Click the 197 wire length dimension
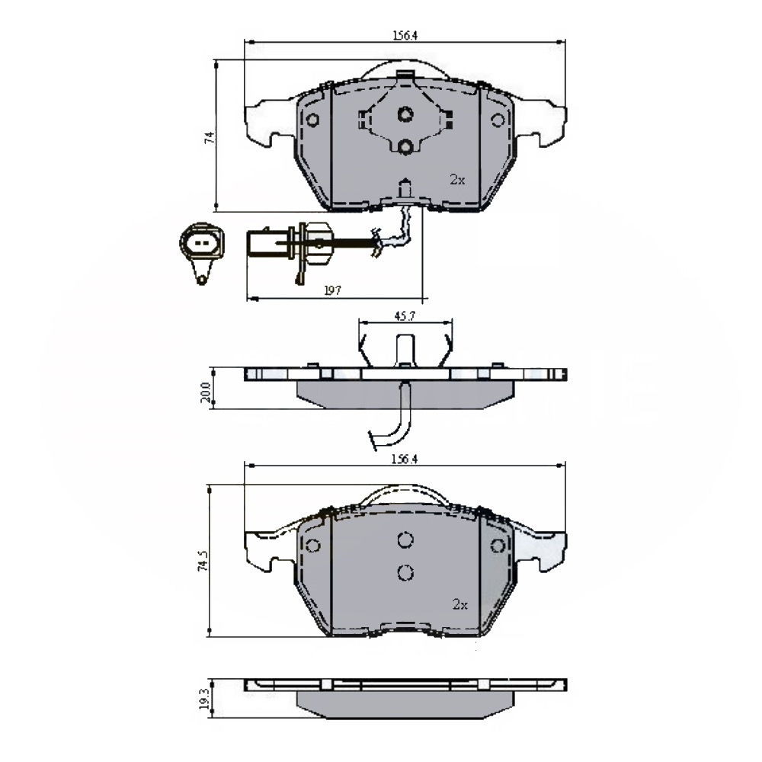331,290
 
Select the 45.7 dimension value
404,315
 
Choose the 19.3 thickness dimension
204,699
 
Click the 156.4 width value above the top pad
405,34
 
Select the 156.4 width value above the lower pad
405,459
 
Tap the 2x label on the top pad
456,180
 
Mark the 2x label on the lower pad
459,604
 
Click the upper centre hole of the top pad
406,115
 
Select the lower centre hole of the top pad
406,146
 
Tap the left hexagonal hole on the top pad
312,120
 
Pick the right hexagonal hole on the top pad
498,120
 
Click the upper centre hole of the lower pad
405,539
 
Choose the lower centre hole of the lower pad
405,571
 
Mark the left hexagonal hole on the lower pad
312,546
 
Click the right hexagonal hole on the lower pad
498,546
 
